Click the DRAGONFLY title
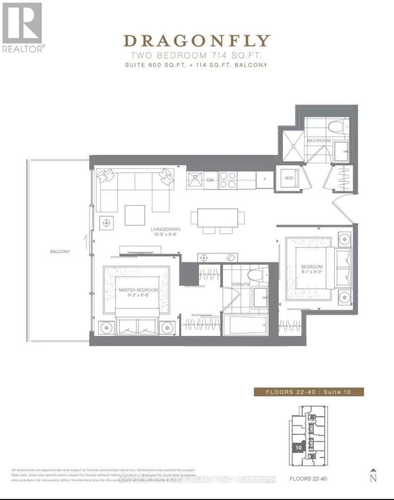[197, 41]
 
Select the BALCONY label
[60, 252]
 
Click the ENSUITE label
[241, 284]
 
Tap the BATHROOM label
[319, 141]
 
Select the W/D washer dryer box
[289, 178]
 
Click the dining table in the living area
[217, 217]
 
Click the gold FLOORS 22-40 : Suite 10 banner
[309, 392]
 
